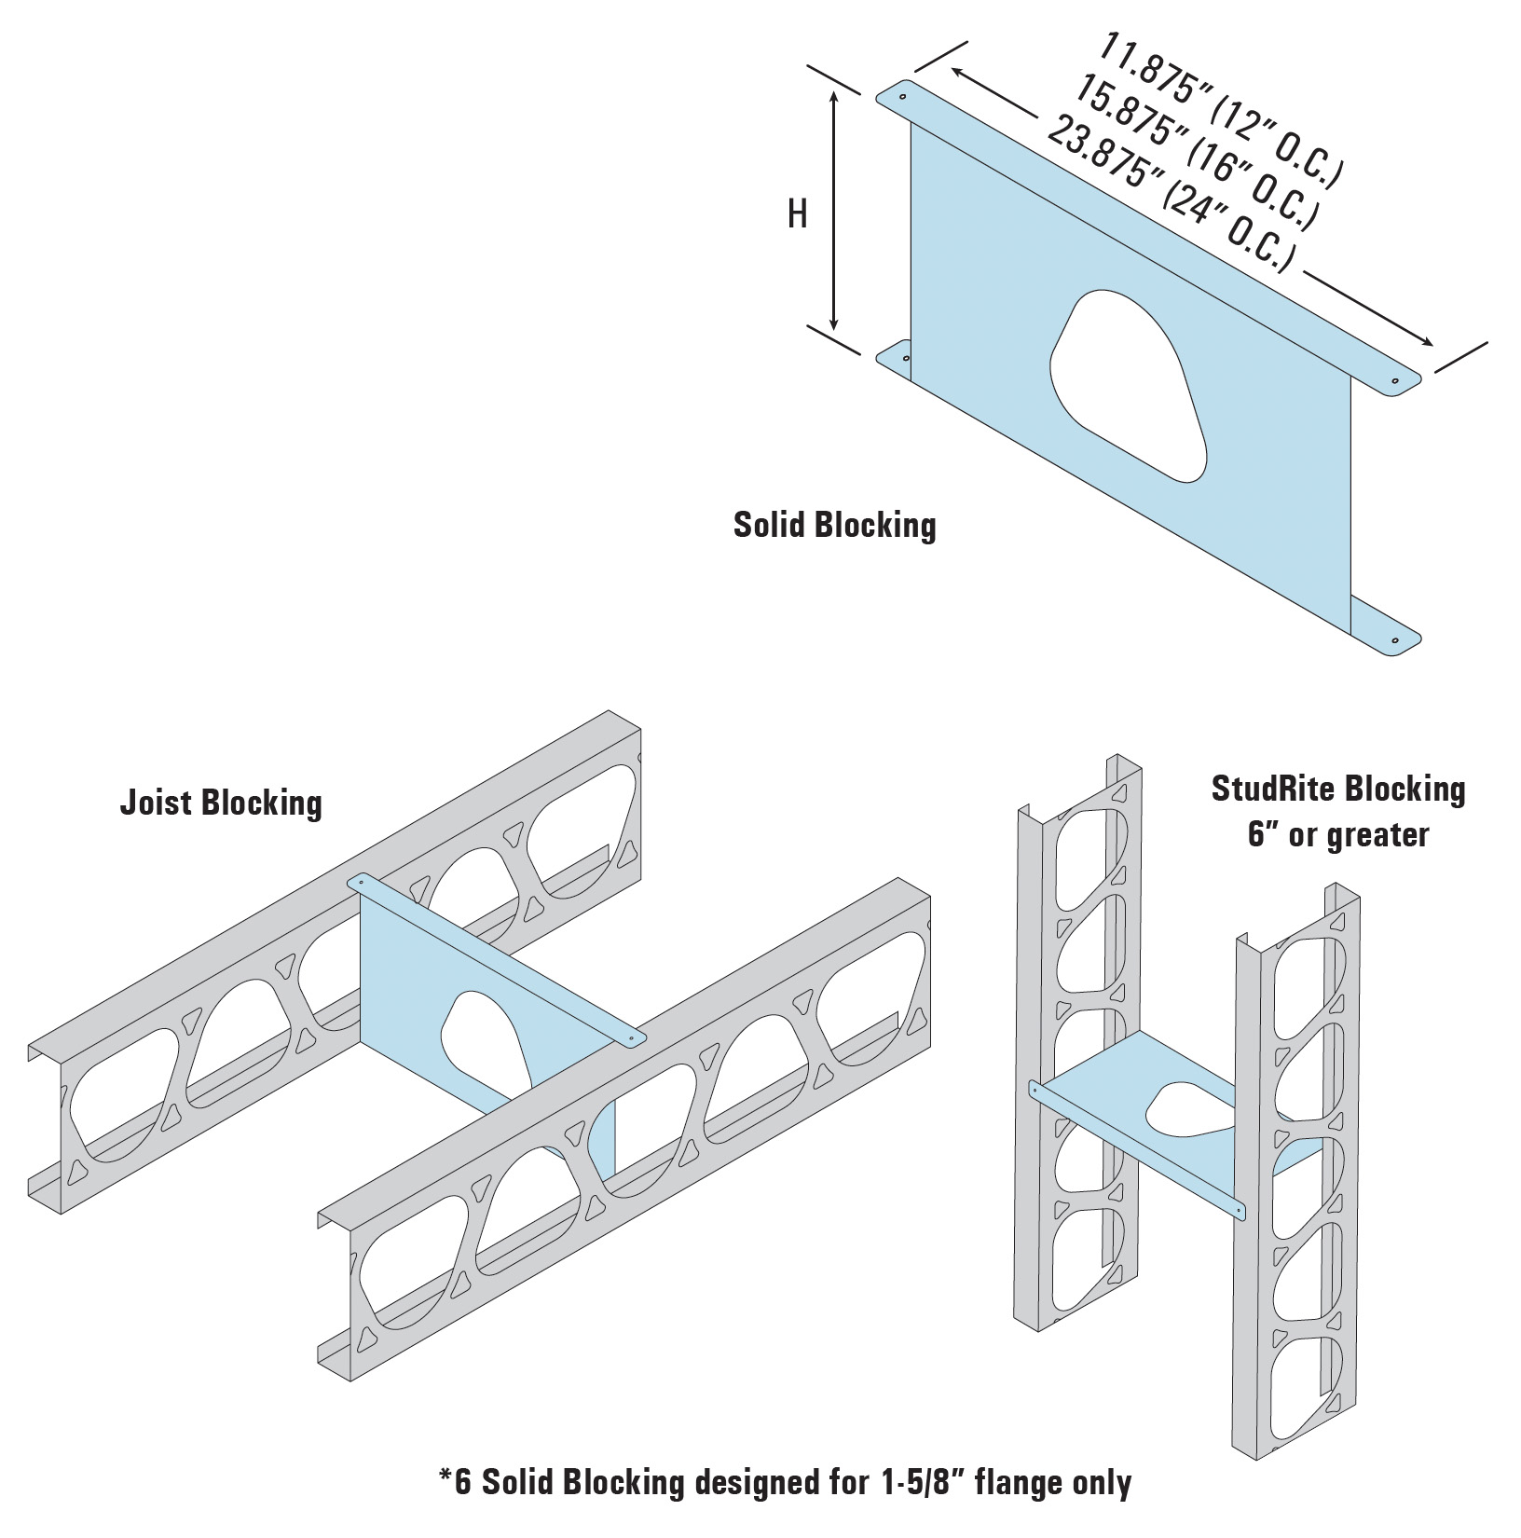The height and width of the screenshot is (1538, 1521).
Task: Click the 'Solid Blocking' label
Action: click(834, 525)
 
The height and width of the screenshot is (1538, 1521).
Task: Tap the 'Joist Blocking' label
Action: click(221, 803)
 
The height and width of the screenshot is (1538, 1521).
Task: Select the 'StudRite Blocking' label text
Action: click(1338, 790)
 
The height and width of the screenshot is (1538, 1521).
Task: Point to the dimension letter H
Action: click(797, 215)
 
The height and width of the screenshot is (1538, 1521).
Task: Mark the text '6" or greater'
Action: click(1338, 834)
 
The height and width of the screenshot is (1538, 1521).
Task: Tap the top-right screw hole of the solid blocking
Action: click(1394, 380)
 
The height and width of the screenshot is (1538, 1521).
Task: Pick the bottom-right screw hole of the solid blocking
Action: click(1394, 641)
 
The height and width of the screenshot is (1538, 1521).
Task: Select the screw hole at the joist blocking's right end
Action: click(632, 1037)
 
